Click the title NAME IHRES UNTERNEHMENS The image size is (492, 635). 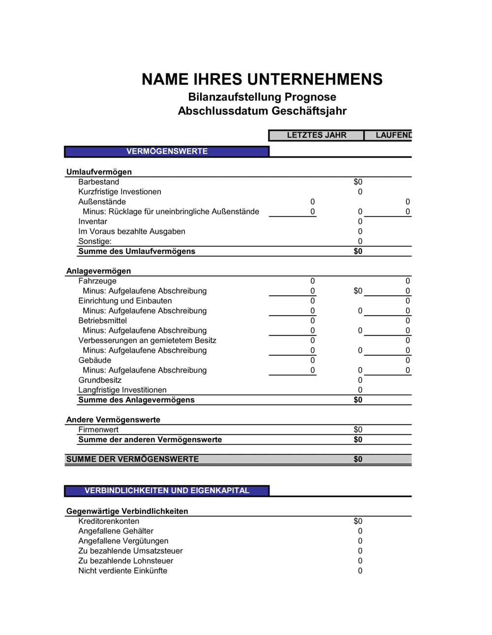pos(262,79)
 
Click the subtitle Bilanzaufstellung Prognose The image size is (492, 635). pos(262,97)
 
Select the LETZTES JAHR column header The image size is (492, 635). pos(316,135)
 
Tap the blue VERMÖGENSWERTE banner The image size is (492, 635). pos(167,152)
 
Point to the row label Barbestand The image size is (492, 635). pos(98,182)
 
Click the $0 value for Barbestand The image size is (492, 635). pos(358,182)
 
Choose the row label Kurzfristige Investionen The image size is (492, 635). pos(120,192)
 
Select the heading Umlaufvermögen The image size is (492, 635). pos(99,172)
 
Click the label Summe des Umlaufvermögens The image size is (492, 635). pos(137,252)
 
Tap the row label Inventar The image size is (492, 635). pos(92,222)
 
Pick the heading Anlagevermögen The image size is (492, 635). pos(98,271)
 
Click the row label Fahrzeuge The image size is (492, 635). pos(97,281)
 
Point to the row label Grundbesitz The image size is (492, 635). pos(100,380)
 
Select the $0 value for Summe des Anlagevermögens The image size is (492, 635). pos(358,400)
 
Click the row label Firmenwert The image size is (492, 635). pos(98,430)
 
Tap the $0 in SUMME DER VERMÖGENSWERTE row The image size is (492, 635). pos(358,459)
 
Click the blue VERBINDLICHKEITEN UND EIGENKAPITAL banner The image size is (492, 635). pos(167,491)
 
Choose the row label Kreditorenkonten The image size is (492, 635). pos(109,521)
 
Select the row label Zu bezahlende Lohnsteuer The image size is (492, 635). pos(126,561)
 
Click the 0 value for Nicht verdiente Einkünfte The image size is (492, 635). pos(360,571)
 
